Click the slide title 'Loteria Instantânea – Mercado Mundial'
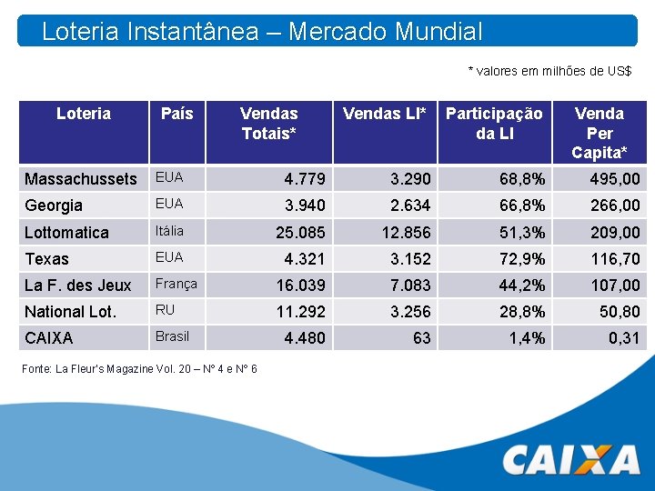click(x=262, y=32)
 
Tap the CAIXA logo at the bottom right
click(x=571, y=459)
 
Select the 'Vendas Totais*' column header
click(x=269, y=123)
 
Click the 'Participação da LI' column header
click(x=494, y=123)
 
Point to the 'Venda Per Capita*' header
click(x=600, y=132)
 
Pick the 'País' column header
click(x=177, y=114)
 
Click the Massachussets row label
click(x=81, y=179)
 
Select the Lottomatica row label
click(x=66, y=233)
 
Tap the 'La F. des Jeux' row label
click(x=78, y=286)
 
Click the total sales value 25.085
click(x=300, y=233)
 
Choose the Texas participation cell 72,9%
click(x=522, y=259)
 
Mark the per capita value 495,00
click(x=614, y=179)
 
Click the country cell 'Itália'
click(x=170, y=231)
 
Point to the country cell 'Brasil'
click(x=172, y=336)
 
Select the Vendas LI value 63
click(x=421, y=338)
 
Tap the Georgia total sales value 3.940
click(x=304, y=205)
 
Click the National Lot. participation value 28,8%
click(x=522, y=312)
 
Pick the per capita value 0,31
click(x=624, y=338)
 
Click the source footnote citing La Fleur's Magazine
click(x=141, y=368)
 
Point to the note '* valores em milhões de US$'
click(x=549, y=71)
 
